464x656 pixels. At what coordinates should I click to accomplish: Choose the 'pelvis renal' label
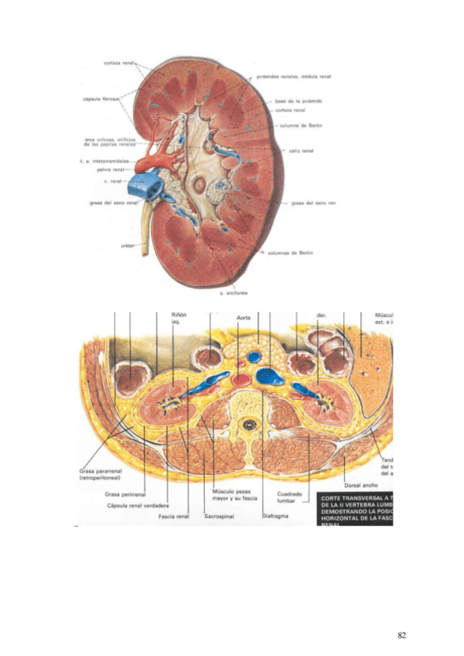113,169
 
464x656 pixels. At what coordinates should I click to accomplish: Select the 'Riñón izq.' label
179,318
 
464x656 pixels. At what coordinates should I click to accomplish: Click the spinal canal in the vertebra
249,425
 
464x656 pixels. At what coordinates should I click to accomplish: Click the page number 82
401,635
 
